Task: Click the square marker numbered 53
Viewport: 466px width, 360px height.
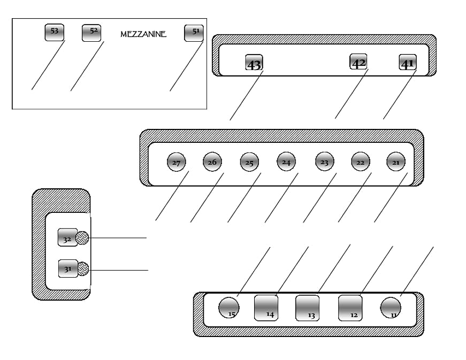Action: click(x=55, y=33)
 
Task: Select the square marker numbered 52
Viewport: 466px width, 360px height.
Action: click(x=91, y=33)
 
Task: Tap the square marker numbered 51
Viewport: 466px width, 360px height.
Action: click(x=194, y=33)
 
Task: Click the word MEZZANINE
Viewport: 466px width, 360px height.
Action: click(x=143, y=34)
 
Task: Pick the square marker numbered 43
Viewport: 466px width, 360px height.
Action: click(x=254, y=63)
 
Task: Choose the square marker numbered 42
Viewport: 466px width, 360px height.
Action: click(x=358, y=62)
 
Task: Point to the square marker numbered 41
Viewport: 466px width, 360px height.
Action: click(x=408, y=62)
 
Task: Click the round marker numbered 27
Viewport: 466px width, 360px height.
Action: click(x=177, y=162)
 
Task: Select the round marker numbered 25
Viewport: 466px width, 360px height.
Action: click(x=249, y=162)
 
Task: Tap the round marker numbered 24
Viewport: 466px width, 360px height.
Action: click(x=286, y=162)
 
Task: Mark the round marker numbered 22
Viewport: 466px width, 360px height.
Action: click(x=361, y=162)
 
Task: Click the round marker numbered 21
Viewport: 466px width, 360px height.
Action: click(x=396, y=162)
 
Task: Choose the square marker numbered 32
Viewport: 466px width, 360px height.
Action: click(x=68, y=238)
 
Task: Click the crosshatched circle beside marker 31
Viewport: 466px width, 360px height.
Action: click(x=82, y=269)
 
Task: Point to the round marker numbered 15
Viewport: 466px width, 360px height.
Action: click(x=229, y=308)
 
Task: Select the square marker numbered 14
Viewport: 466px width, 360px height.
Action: click(x=266, y=308)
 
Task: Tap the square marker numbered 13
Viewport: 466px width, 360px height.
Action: click(x=307, y=308)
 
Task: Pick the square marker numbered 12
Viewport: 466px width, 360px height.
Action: click(x=350, y=308)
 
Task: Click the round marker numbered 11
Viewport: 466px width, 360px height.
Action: click(x=391, y=308)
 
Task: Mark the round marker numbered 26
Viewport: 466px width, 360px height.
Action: click(x=212, y=162)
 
